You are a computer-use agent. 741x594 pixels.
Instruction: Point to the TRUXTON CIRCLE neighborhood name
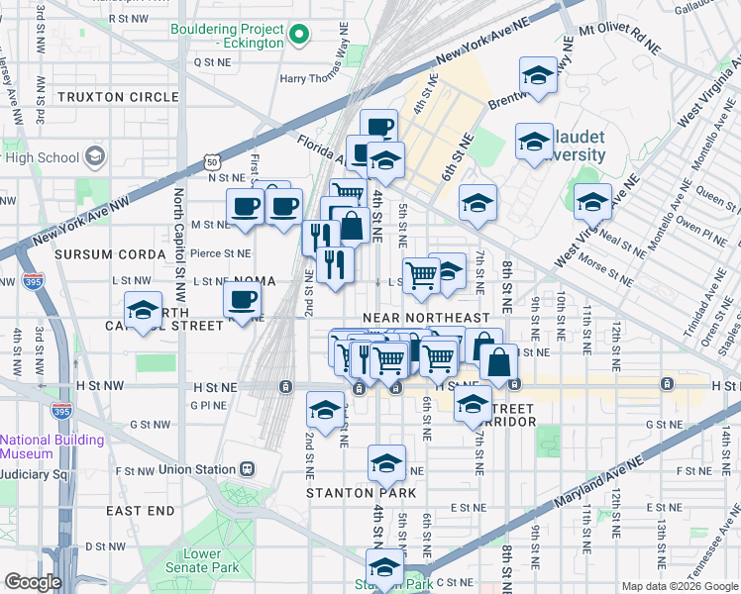[x=118, y=97]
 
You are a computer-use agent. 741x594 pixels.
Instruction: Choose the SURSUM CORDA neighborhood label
[x=110, y=254]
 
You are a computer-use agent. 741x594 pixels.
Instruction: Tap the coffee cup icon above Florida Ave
[x=378, y=127]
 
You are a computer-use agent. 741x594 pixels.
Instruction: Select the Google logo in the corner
[x=33, y=582]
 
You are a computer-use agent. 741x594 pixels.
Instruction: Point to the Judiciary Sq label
[x=33, y=474]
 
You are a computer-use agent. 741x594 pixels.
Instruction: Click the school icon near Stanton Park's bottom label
[x=385, y=567]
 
